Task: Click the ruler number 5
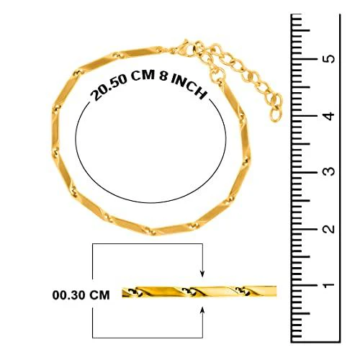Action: click(330, 58)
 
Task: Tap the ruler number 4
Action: click(330, 115)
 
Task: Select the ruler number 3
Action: click(330, 171)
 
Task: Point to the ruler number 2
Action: click(330, 228)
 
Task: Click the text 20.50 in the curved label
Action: click(108, 87)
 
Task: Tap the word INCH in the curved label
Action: click(189, 87)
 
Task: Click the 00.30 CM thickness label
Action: click(81, 295)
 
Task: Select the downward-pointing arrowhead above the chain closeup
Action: click(202, 273)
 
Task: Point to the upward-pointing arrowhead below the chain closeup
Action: click(202, 310)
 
